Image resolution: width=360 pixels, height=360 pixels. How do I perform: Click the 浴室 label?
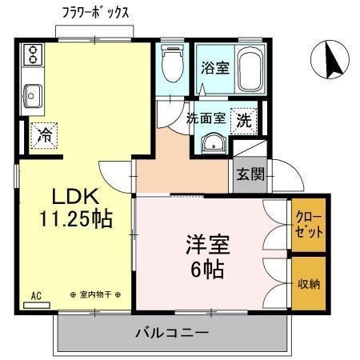216,68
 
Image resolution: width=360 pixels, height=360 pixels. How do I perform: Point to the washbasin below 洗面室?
212,144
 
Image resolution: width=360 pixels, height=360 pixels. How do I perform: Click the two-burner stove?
34,54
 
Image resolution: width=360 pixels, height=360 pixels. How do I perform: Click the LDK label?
75,197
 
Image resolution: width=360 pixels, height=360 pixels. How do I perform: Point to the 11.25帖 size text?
75,218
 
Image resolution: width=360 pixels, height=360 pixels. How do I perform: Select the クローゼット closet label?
310,225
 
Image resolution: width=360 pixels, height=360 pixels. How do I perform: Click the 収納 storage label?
310,283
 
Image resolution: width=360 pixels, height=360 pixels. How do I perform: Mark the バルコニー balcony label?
172,332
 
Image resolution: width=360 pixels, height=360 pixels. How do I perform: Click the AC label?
35,296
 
